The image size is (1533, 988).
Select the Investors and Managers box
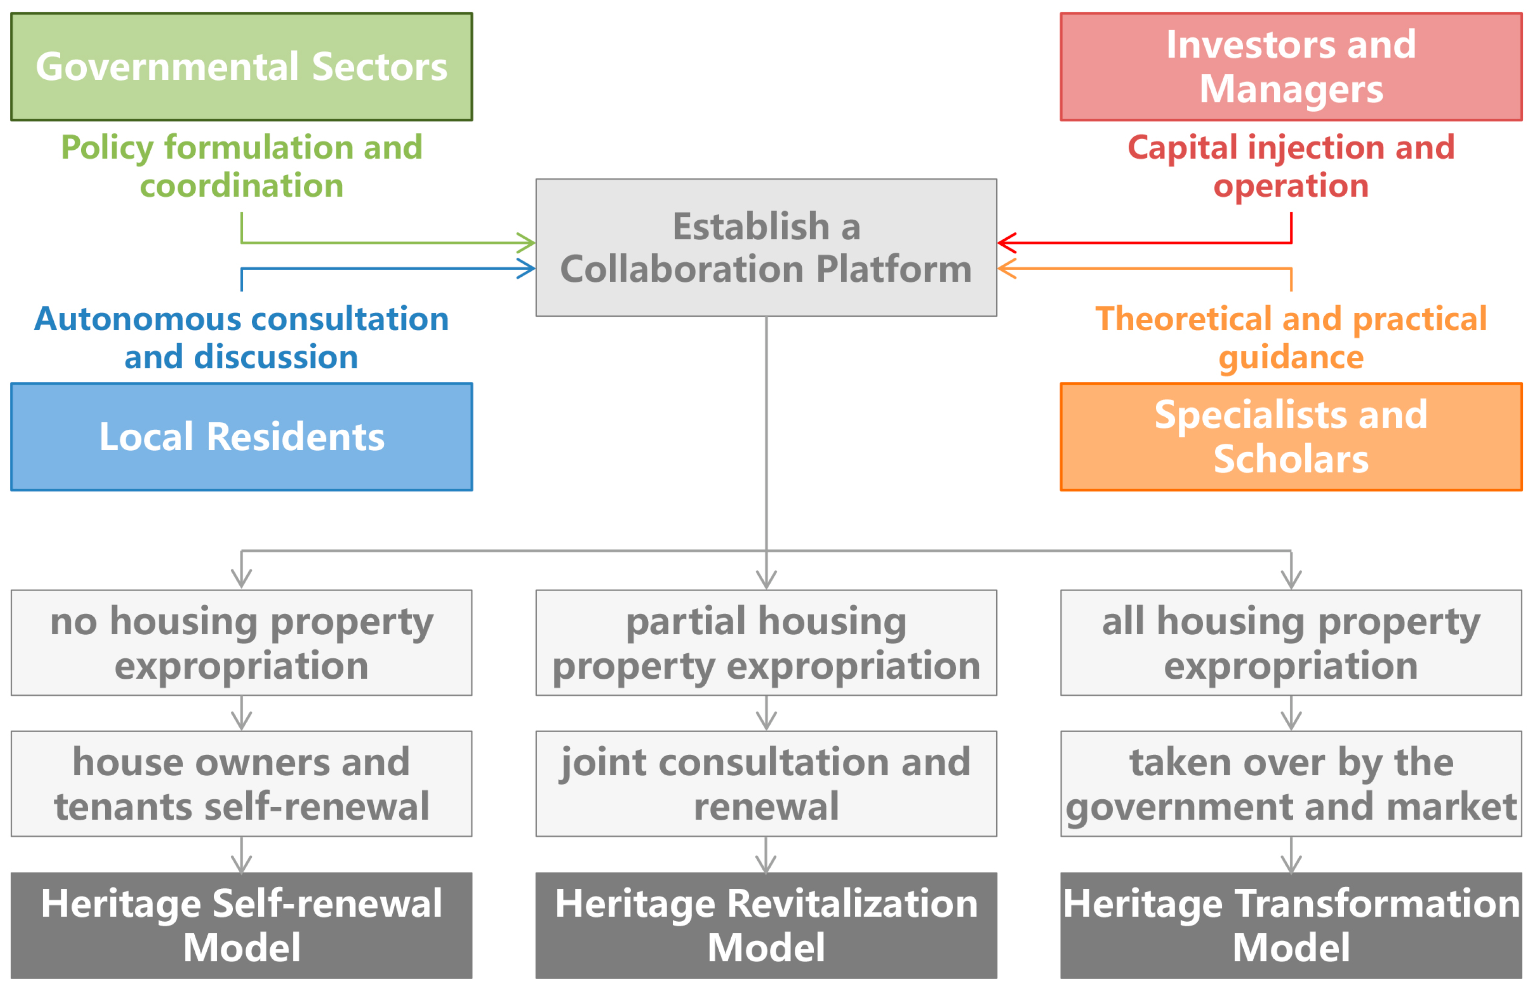[1290, 67]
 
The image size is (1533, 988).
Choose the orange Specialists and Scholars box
[1290, 437]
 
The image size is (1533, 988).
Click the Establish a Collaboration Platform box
[766, 248]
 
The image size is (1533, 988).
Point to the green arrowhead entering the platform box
[529, 243]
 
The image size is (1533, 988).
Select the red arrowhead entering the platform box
[1005, 243]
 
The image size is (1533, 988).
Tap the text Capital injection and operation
[1290, 166]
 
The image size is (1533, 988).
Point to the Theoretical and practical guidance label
[1290, 338]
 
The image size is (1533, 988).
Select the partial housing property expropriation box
[766, 643]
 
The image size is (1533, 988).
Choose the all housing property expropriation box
[1290, 643]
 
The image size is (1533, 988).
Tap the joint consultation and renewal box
[766, 784]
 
